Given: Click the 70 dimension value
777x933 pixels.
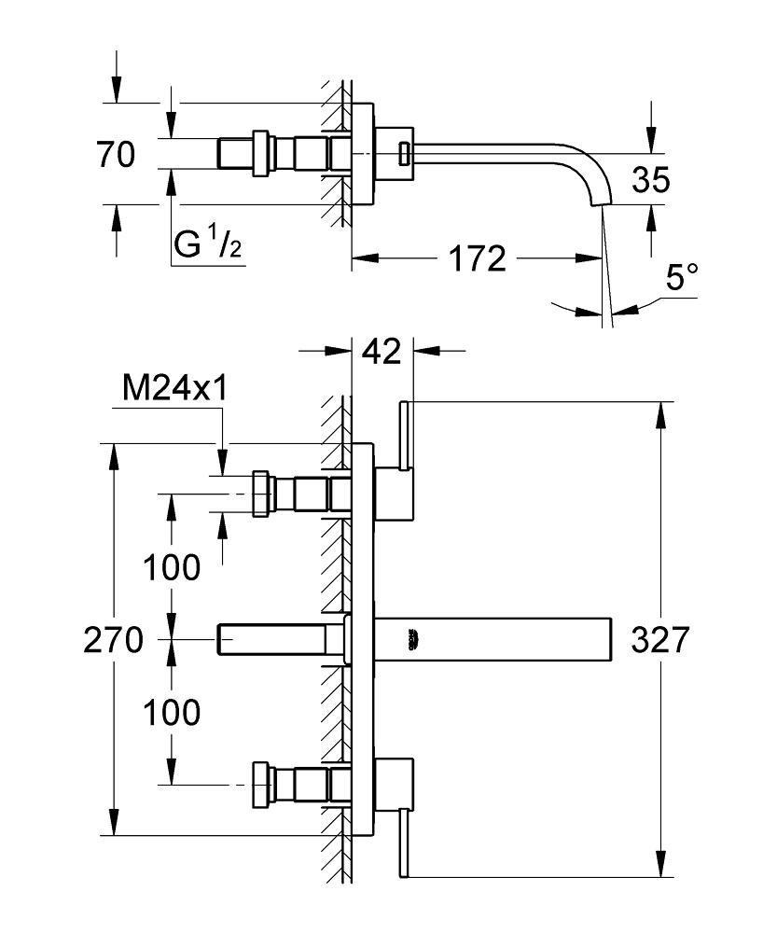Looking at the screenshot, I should coord(116,155).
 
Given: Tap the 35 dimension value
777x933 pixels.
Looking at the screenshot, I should coord(649,179).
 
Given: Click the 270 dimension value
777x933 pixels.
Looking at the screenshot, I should coord(113,641).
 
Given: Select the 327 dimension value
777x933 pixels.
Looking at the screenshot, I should coord(659,641).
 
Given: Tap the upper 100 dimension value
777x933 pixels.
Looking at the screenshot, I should coord(172,566).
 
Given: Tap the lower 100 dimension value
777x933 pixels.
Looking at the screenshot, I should coord(172,713).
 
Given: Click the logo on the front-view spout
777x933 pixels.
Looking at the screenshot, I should coord(411,639).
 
